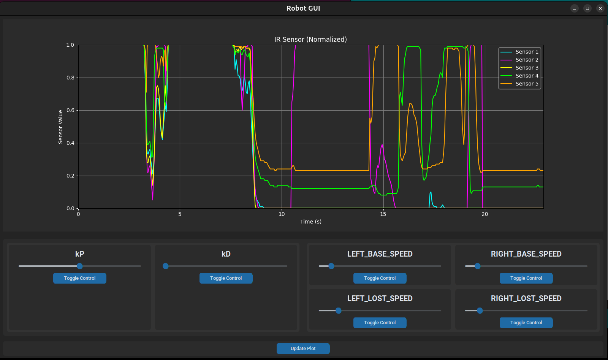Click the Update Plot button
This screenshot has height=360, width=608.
click(x=303, y=349)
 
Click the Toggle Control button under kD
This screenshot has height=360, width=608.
click(x=226, y=278)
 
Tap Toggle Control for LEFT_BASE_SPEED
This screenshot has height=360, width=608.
click(x=380, y=278)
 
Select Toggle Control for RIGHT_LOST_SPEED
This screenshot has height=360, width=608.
click(x=526, y=323)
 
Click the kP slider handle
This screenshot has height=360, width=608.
click(x=80, y=266)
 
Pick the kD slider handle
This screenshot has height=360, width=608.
click(x=166, y=266)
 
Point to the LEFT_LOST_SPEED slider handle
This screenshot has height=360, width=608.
click(x=339, y=311)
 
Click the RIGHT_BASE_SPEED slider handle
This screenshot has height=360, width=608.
click(x=478, y=266)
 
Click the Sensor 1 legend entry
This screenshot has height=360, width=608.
click(x=527, y=52)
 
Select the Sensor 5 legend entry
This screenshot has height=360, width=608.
click(x=527, y=84)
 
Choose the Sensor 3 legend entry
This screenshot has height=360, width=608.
click(x=527, y=68)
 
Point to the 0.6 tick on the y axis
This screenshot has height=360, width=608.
click(x=70, y=111)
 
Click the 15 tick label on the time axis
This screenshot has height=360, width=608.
click(x=383, y=214)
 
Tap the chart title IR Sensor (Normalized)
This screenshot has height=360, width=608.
click(x=310, y=40)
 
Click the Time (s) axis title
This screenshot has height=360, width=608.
click(x=310, y=222)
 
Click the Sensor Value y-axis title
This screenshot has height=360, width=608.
click(x=60, y=127)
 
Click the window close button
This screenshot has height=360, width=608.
click(x=600, y=8)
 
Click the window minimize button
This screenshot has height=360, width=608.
click(x=575, y=8)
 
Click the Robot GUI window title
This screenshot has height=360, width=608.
click(x=303, y=8)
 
